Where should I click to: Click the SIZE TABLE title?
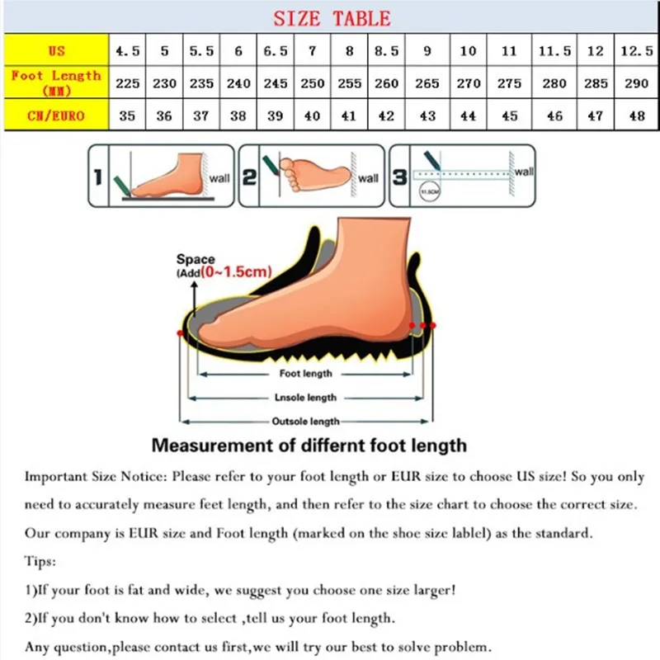[x=332, y=18]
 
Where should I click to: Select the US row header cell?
[x=55, y=51]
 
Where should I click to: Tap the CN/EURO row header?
[x=55, y=115]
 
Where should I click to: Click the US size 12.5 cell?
[x=637, y=51]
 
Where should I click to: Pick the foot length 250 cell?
[x=312, y=83]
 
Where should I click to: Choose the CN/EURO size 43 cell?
[x=427, y=115]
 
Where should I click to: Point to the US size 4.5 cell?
[x=127, y=51]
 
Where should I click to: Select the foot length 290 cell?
[x=637, y=83]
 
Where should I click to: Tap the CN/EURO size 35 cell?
[x=127, y=115]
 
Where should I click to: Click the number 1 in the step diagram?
[x=97, y=177]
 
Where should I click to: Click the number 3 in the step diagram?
[x=399, y=177]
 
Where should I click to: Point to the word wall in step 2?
[x=368, y=178]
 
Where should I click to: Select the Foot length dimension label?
[x=305, y=374]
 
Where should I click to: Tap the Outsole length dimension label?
[x=305, y=422]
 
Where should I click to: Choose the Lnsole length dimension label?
[x=305, y=398]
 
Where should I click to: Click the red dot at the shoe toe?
[x=180, y=332]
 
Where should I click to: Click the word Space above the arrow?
[x=195, y=260]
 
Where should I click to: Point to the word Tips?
[x=40, y=562]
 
